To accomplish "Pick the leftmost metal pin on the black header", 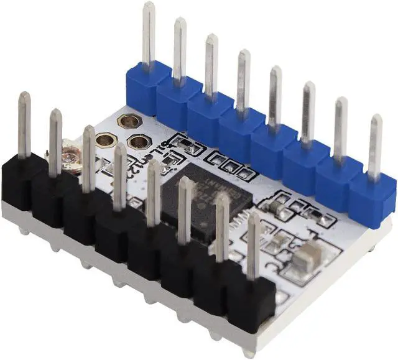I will (x=24, y=124).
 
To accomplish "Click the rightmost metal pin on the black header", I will (x=253, y=246).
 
